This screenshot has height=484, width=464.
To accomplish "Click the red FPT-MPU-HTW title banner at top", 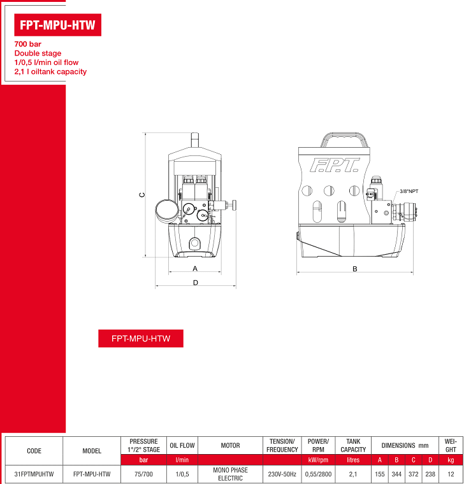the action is [58, 25].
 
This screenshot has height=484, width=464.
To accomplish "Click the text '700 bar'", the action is [28, 44].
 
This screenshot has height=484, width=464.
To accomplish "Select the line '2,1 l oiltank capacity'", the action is [50, 71].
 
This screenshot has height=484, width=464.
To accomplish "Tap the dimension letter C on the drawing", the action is [141, 195].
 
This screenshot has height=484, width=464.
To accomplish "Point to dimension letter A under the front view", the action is [195, 269].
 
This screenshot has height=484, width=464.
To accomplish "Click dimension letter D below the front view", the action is [196, 283].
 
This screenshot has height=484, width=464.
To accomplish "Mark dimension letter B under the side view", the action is [355, 269].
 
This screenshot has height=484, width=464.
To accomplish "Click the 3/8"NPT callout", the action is [409, 192].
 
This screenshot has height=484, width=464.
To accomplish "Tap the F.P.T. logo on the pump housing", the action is [335, 165].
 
